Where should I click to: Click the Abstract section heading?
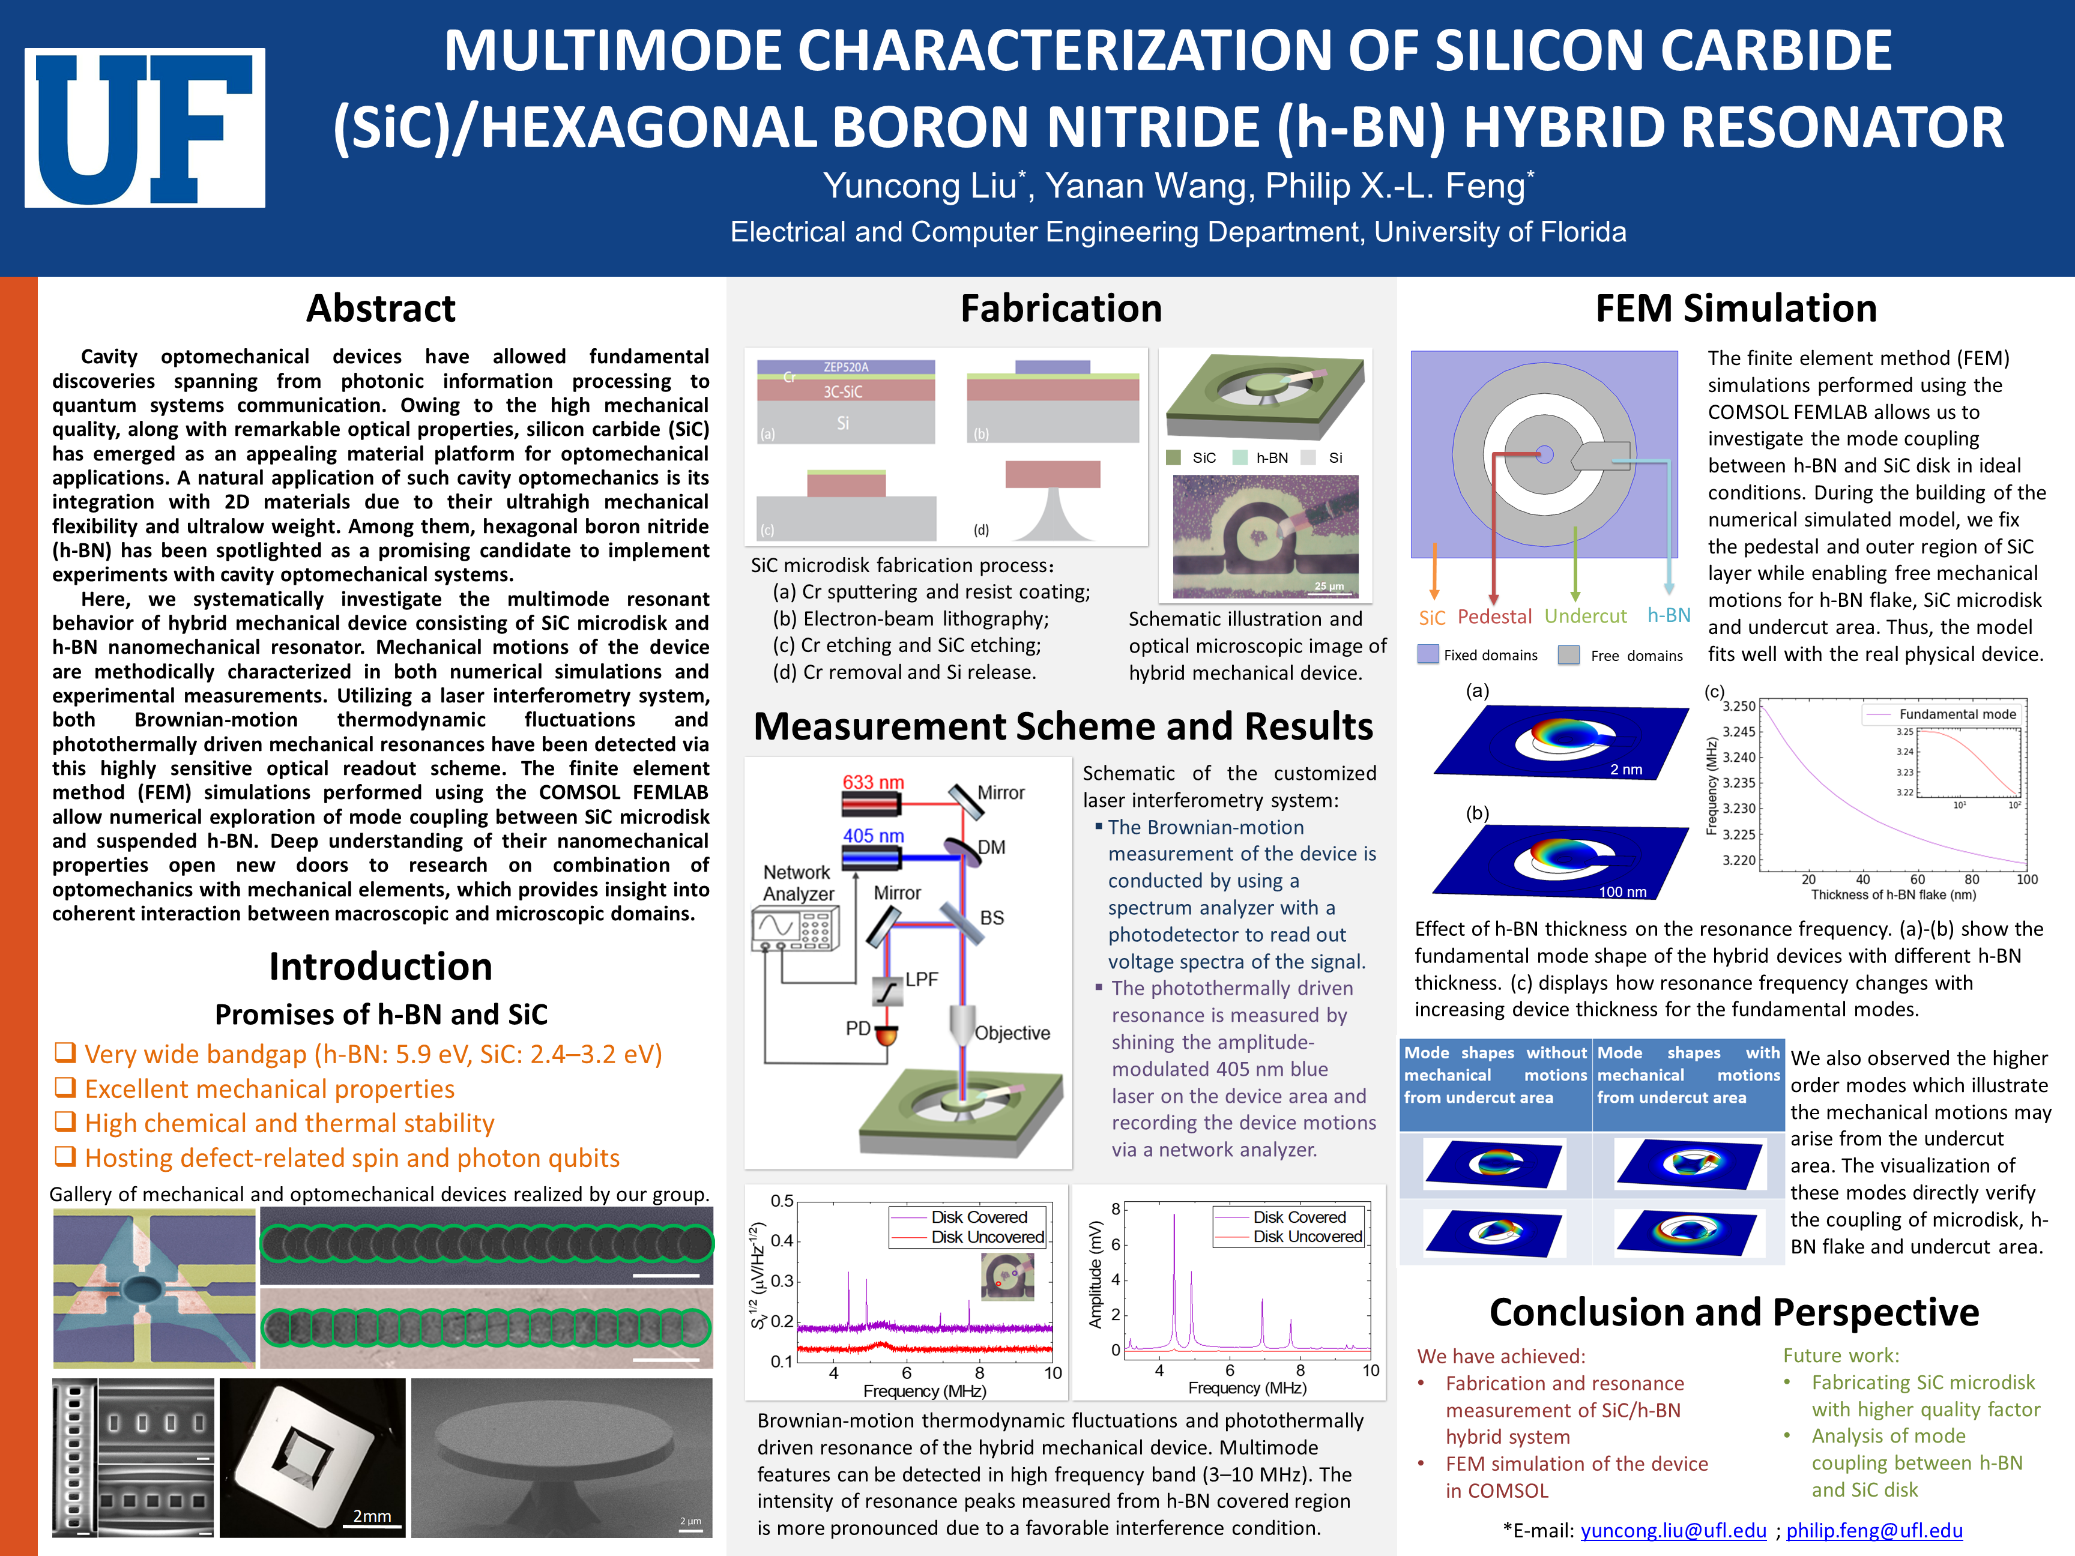381,309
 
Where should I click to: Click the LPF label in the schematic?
921,979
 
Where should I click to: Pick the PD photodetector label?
857,1028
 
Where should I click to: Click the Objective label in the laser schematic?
1012,1033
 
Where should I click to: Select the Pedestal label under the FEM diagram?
1494,616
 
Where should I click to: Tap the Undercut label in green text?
1585,616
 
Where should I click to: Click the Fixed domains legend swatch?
1428,655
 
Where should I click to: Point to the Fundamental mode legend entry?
1957,714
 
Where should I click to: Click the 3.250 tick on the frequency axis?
1738,706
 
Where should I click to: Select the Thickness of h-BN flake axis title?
1893,895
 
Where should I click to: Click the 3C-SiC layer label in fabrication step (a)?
842,392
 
